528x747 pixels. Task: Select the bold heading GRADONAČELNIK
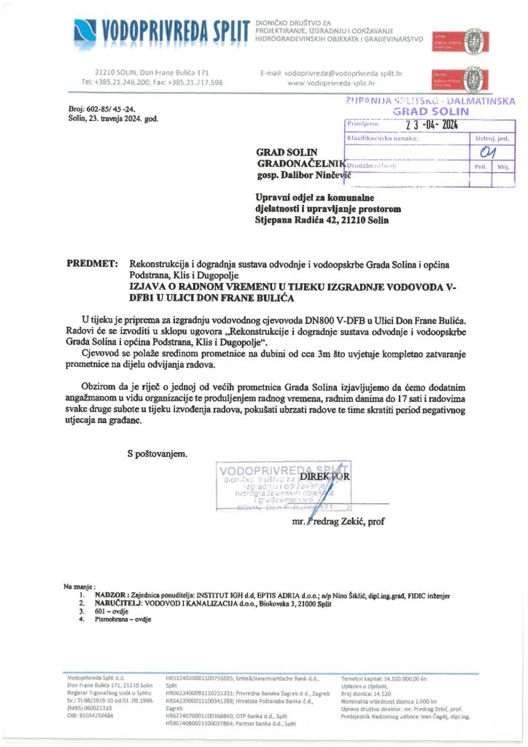click(298, 165)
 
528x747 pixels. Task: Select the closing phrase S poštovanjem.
click(158, 454)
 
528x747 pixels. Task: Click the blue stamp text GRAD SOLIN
click(431, 112)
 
